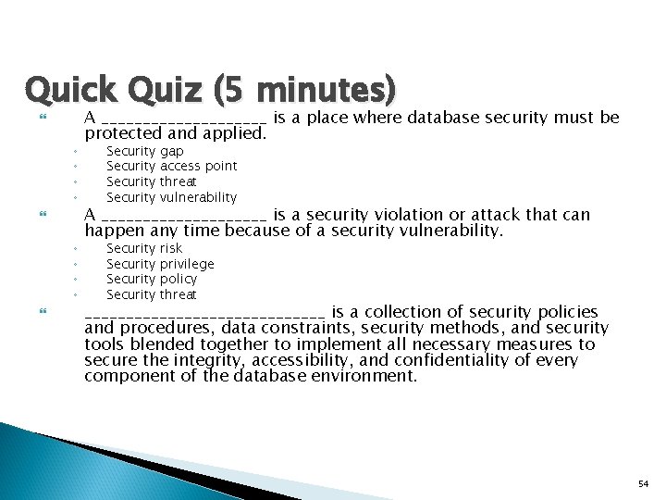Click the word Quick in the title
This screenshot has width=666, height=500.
70,90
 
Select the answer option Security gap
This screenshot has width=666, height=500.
144,151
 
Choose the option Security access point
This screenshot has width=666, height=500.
171,166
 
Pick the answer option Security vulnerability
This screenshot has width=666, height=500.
171,197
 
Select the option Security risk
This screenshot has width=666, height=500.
144,248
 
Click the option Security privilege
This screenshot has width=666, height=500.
160,264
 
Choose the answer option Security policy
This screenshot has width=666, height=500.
152,279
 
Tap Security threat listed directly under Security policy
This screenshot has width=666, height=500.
152,294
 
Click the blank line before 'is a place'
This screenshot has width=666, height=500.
184,119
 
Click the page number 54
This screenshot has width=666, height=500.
644,483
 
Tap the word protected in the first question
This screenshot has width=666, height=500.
123,133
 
